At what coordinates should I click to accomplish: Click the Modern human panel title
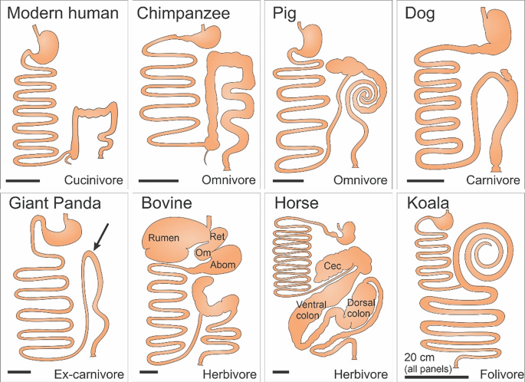pos(63,13)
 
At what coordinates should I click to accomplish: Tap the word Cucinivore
pos(94,180)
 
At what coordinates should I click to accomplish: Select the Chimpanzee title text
pos(183,14)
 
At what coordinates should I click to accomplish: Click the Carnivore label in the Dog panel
pos(493,180)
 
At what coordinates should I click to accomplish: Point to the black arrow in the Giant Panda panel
pos(101,237)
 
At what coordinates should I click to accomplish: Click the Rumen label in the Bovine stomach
pos(164,238)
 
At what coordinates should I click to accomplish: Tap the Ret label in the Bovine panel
pos(218,236)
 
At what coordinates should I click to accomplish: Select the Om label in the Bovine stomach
pos(202,253)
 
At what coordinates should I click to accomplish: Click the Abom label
pos(223,265)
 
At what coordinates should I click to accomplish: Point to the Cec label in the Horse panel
pos(333,266)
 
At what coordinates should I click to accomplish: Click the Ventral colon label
pos(311,310)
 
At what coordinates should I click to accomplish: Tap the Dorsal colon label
pos(361,308)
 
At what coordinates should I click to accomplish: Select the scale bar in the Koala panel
pos(436,377)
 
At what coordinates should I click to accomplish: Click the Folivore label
pos(501,374)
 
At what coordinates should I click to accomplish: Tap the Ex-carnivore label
pos(89,374)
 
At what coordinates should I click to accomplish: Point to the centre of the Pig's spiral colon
pos(366,97)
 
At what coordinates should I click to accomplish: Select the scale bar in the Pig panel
pos(288,181)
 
